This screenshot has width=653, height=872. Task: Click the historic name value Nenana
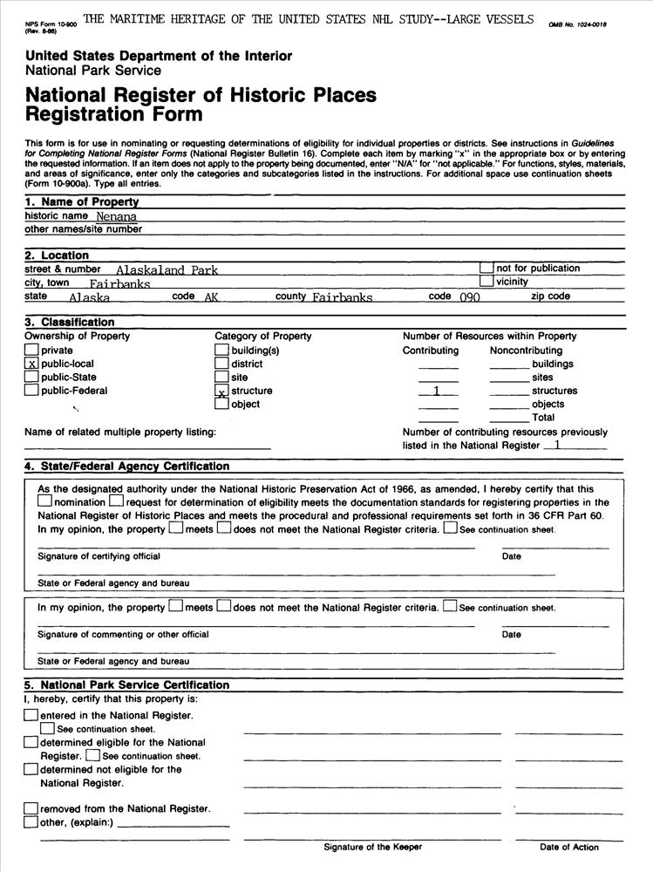117,216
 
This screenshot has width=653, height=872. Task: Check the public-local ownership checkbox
31,364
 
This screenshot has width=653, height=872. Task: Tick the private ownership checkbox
31,350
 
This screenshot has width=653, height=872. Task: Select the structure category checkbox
221,392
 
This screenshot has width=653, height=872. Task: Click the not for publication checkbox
486,269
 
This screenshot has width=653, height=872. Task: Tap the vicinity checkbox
486,282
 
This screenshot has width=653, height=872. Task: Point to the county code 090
469,297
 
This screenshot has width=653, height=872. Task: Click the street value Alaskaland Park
167,270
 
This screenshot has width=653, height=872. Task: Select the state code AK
210,297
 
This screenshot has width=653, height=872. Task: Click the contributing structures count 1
437,392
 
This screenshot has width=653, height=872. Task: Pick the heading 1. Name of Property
81,202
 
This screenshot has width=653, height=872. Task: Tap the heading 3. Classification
69,323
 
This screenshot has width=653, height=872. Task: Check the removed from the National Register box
31,808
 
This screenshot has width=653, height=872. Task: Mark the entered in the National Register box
31,716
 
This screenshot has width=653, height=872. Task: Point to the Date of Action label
568,847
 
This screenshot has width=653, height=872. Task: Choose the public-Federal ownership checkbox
31,391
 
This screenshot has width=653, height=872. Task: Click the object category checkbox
221,404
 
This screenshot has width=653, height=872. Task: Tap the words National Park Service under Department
93,71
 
